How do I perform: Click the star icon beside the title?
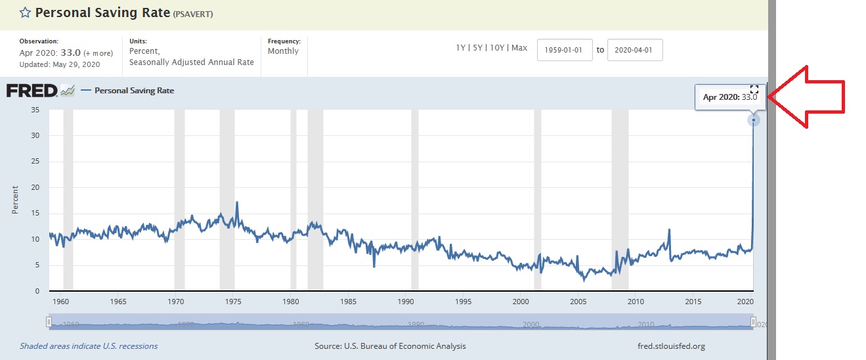tap(25, 12)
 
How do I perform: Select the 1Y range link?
tap(462, 48)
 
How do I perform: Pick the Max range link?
tap(519, 48)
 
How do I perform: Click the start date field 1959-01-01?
tap(565, 50)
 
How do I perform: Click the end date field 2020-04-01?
tap(635, 50)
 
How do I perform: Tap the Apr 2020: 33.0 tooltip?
tap(729, 97)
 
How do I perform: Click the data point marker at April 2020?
tap(754, 120)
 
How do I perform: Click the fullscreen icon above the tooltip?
tap(754, 89)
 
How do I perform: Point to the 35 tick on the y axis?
tap(35, 110)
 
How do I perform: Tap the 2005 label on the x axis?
tap(578, 302)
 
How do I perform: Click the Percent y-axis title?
tap(15, 200)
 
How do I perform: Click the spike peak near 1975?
tap(237, 202)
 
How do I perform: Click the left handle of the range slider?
tap(49, 322)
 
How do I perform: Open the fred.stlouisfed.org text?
tap(666, 346)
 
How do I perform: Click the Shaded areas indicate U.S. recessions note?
tap(89, 346)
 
